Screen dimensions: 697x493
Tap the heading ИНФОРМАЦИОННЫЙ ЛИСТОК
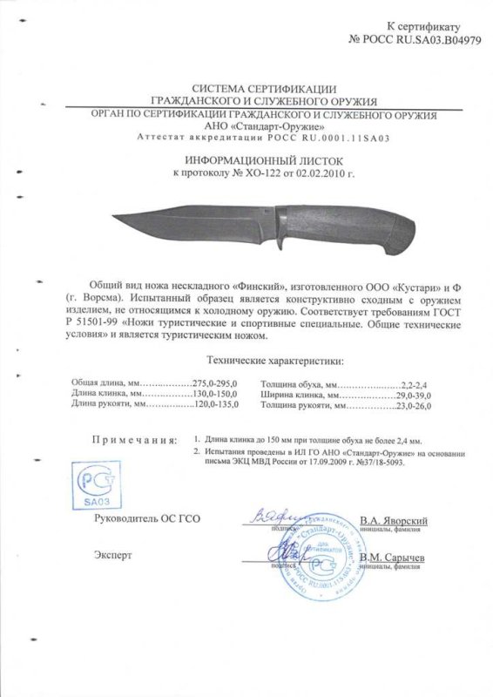pos(246,161)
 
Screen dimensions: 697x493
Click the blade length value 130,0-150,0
pos(192,395)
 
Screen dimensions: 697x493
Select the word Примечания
pos(132,443)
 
